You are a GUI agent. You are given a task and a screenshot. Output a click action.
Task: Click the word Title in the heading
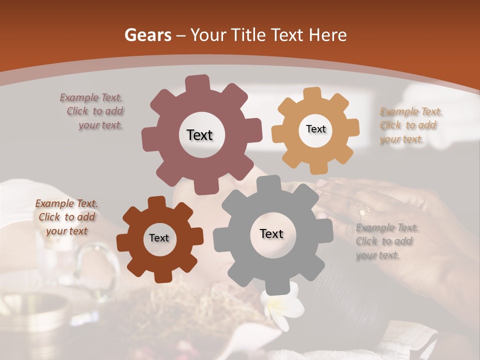[250, 35]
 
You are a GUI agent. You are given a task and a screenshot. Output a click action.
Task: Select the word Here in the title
[328, 35]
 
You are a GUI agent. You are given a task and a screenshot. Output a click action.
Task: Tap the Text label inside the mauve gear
[199, 135]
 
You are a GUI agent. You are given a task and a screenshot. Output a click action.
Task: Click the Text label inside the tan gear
[315, 129]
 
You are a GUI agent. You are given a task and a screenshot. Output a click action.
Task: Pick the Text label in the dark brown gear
[159, 238]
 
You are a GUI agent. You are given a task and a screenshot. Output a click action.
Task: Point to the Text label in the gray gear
[271, 233]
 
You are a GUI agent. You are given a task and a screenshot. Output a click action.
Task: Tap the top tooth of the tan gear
[312, 94]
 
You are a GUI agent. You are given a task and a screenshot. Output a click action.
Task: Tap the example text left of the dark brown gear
[66, 217]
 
